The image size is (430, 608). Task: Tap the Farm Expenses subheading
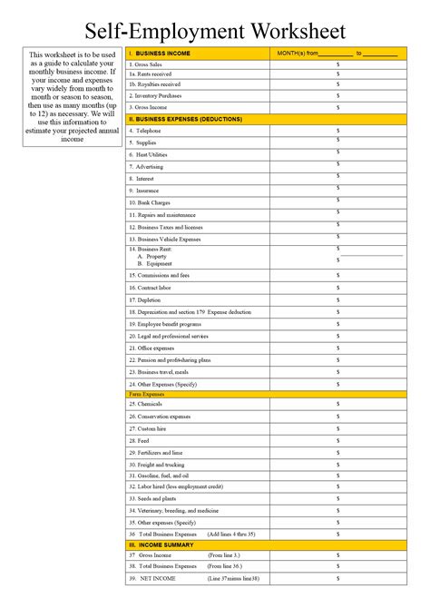coord(146,394)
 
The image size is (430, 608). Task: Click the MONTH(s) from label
coord(301,54)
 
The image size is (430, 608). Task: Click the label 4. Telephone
coord(145,131)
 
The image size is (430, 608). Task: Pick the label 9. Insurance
coord(145,191)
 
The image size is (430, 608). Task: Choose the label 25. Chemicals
coord(146,405)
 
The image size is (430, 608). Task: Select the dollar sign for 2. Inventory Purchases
coord(337,95)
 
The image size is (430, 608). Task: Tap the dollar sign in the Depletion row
coord(337,299)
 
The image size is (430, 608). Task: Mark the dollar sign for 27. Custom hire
coord(337,428)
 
